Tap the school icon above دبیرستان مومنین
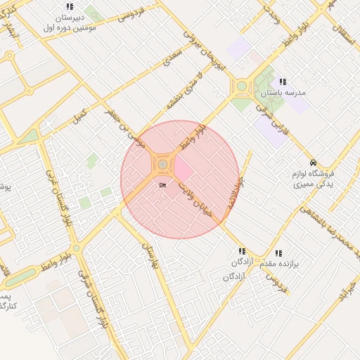click(70, 7)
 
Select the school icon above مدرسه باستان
click(283, 82)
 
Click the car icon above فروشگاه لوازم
click(313, 161)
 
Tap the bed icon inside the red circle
click(163, 186)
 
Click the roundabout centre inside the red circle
click(163, 165)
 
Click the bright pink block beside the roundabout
click(182, 169)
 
